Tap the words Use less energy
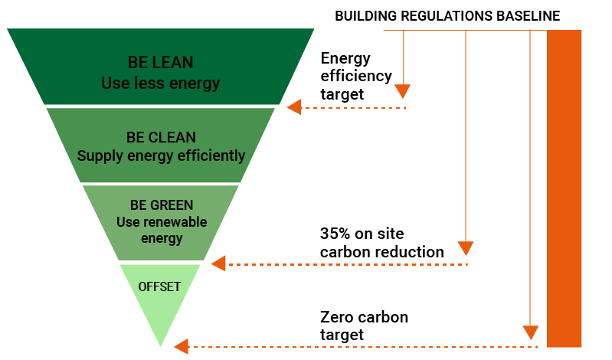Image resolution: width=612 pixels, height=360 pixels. click(x=160, y=82)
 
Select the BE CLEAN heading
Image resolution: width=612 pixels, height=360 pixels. click(x=161, y=138)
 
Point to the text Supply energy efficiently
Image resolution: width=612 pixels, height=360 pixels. click(x=161, y=156)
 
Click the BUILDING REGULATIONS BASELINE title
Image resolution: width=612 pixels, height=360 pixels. click(x=447, y=15)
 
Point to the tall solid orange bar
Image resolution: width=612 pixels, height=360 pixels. click(x=565, y=188)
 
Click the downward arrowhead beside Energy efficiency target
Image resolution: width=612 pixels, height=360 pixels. click(x=403, y=92)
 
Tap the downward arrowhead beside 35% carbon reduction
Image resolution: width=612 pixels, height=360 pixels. click(x=466, y=248)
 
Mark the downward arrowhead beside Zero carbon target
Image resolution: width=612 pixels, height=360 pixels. click(x=530, y=332)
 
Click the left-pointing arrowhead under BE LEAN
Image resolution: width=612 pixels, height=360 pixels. click(x=294, y=108)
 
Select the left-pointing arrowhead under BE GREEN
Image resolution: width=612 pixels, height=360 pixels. click(x=218, y=264)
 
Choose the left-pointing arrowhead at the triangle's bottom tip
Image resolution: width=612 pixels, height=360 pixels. click(x=181, y=347)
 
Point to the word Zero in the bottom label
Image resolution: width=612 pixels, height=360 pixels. click(x=335, y=317)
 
